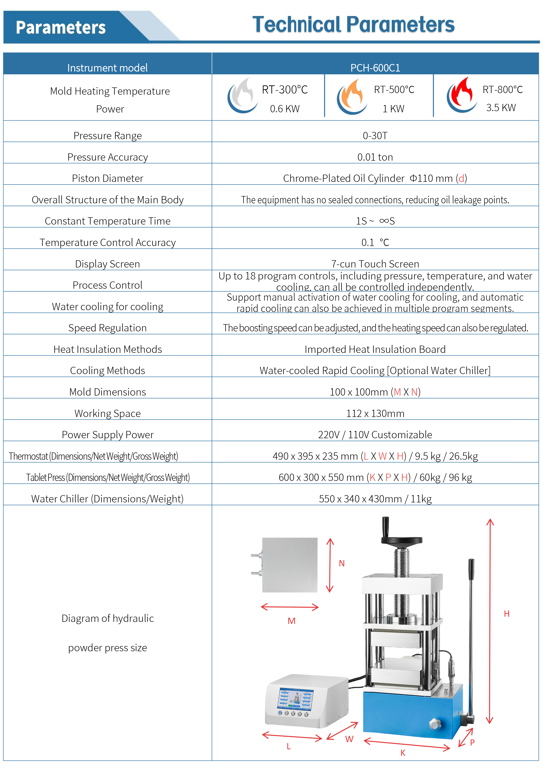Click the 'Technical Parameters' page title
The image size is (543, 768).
click(x=353, y=25)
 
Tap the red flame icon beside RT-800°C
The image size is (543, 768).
click(x=462, y=95)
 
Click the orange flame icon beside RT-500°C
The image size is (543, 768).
click(x=352, y=97)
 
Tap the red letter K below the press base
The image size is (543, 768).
click(x=403, y=753)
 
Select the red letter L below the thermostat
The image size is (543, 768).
click(x=289, y=746)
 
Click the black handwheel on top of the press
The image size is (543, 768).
click(x=402, y=541)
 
